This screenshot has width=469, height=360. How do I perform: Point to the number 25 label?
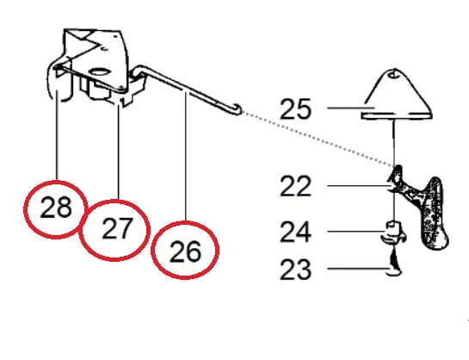coord(295,109)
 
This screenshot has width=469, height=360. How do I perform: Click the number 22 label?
coord(295,186)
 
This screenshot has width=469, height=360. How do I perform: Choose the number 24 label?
coord(295,232)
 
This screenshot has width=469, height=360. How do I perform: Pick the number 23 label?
coord(295,269)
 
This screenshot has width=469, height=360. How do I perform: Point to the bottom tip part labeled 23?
coord(394,265)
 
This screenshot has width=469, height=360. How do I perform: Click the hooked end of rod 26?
coord(237,109)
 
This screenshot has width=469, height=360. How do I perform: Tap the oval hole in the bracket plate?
coord(99,72)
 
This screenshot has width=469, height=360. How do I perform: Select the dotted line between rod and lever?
coord(318,139)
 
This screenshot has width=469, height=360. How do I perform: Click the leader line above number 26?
coord(185,157)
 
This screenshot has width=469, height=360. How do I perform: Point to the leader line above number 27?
coord(119,152)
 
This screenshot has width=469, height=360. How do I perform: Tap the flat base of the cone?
coord(397,115)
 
